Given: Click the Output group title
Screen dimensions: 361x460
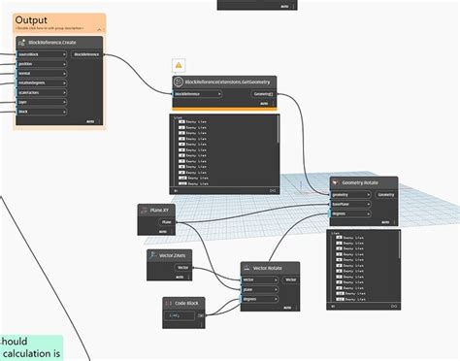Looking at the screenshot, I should click(x=32, y=19).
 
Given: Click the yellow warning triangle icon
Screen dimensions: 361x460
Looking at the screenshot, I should click(x=179, y=65).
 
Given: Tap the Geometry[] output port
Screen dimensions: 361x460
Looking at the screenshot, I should click(x=263, y=94).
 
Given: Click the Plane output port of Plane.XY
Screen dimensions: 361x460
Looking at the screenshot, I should click(x=165, y=222).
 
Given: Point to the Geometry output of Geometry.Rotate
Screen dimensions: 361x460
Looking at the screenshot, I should click(x=386, y=194).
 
